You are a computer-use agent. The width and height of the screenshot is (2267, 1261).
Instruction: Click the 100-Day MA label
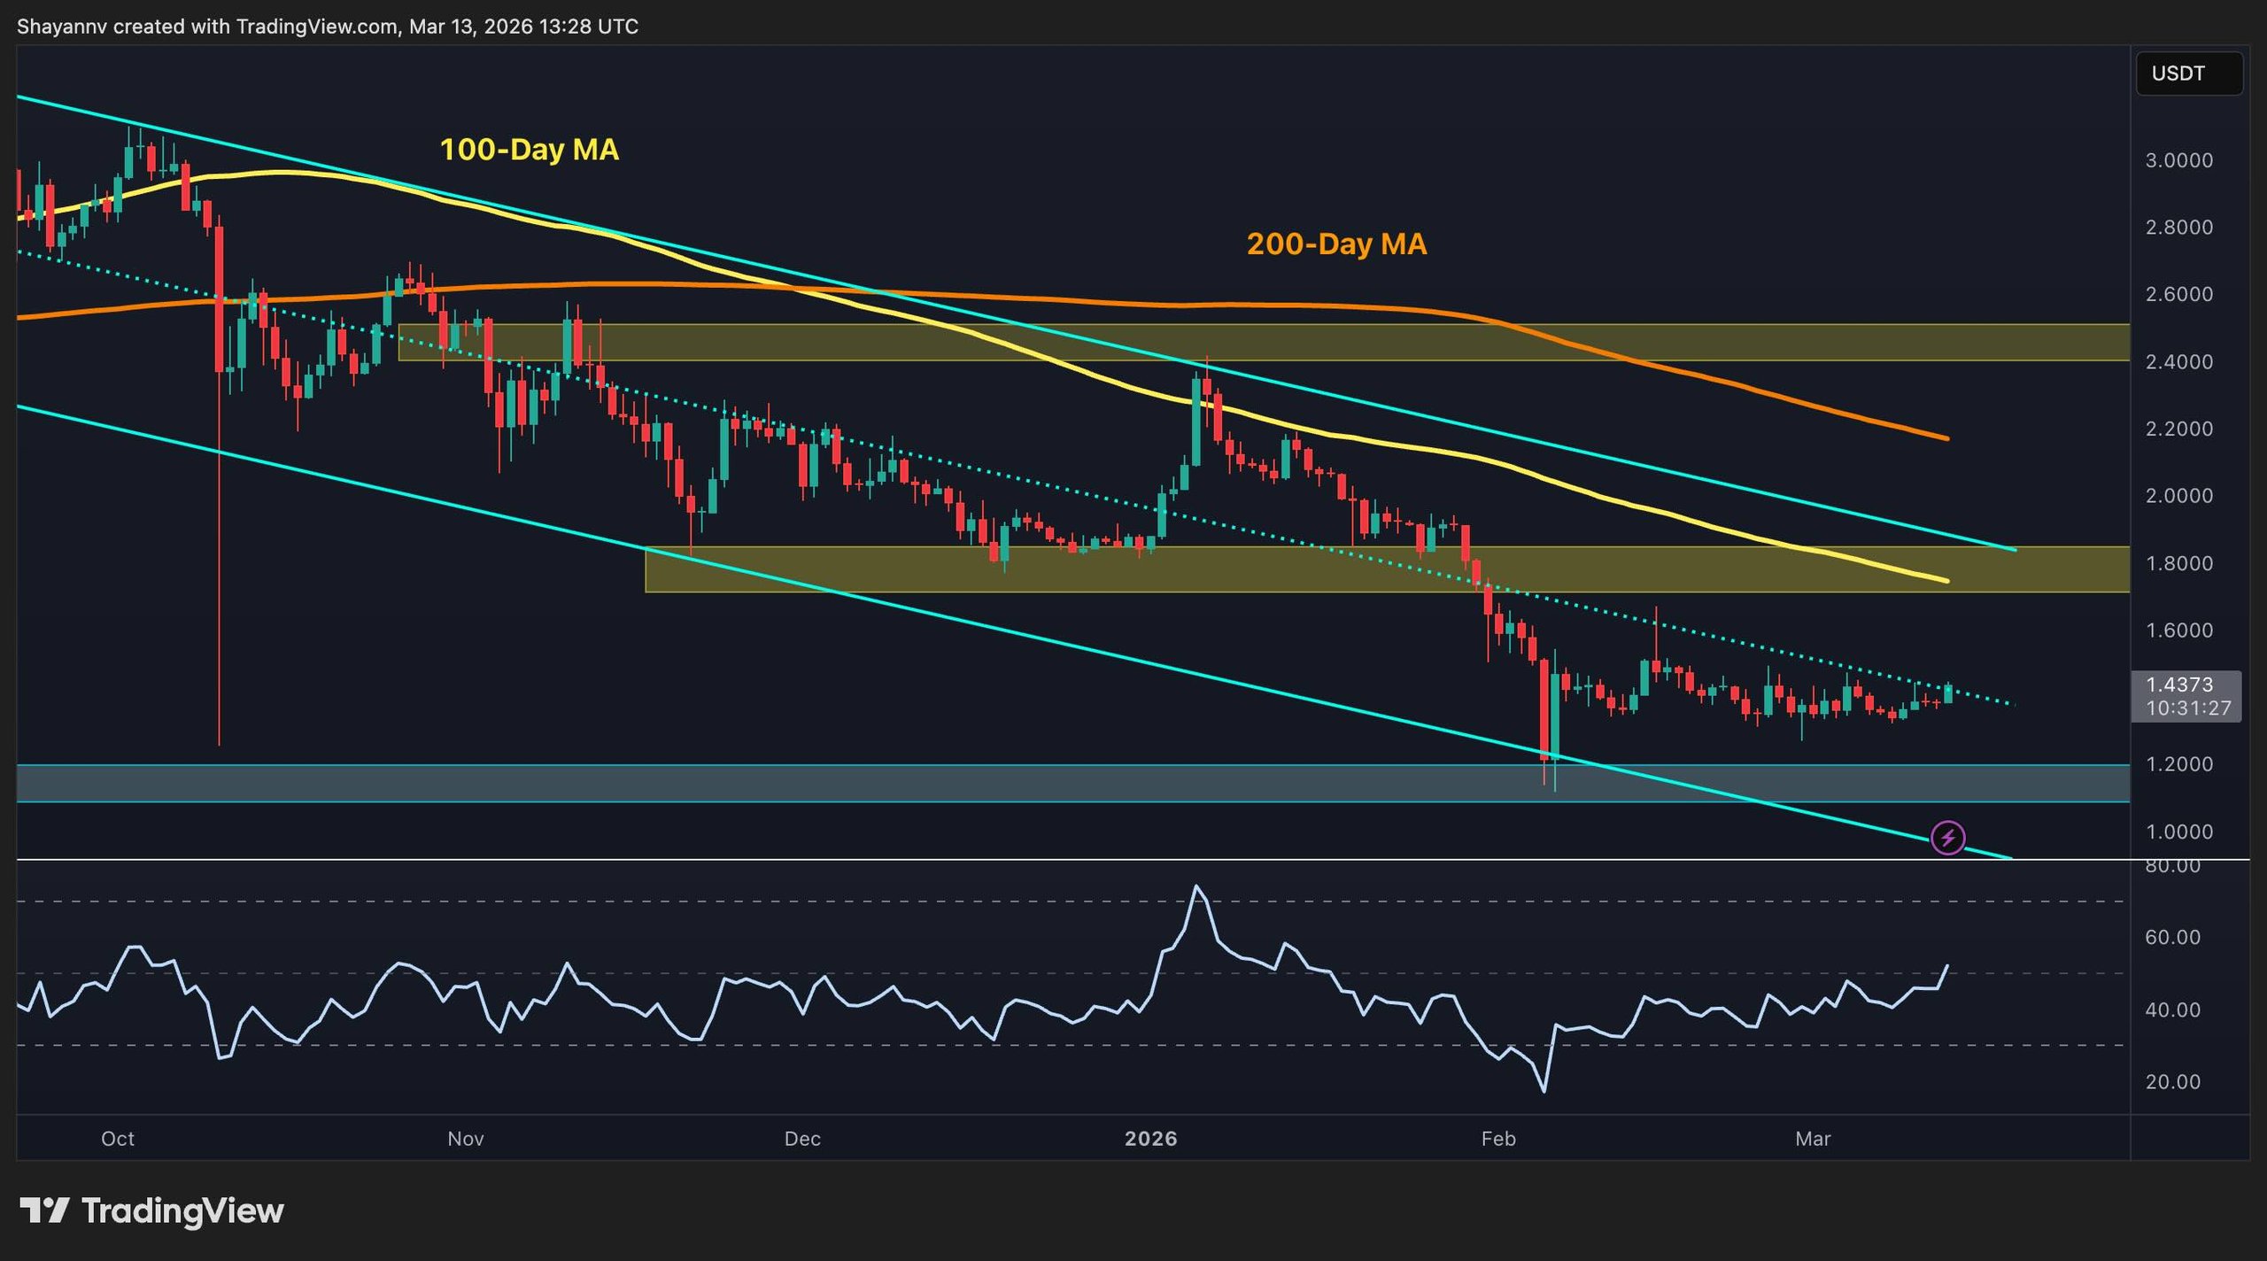pyautogui.click(x=529, y=149)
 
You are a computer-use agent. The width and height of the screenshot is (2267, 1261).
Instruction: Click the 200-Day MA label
pyautogui.click(x=1336, y=244)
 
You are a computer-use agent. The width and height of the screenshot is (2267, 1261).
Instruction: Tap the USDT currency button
pyautogui.click(x=2188, y=73)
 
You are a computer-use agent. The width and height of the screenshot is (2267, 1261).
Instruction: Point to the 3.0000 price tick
pyautogui.click(x=2178, y=160)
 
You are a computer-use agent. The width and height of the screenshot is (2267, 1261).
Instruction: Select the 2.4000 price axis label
pyautogui.click(x=2178, y=361)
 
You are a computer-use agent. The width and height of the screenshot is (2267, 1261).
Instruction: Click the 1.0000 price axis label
pyautogui.click(x=2178, y=832)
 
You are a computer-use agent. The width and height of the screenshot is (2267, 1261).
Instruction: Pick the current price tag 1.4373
pyautogui.click(x=2179, y=685)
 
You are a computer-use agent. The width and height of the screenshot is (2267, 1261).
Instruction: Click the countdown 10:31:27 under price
pyautogui.click(x=2187, y=708)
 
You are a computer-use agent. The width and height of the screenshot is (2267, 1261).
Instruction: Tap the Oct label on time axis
pyautogui.click(x=117, y=1139)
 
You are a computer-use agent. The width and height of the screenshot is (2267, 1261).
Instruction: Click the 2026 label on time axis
pyautogui.click(x=1150, y=1139)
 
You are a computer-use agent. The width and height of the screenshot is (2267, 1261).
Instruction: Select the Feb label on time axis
pyautogui.click(x=1498, y=1139)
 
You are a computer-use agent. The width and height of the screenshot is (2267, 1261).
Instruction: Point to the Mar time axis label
pyautogui.click(x=1812, y=1139)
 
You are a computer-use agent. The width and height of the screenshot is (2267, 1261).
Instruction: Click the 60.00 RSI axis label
pyautogui.click(x=2172, y=937)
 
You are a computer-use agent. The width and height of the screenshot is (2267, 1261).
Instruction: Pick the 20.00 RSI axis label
pyautogui.click(x=2172, y=1081)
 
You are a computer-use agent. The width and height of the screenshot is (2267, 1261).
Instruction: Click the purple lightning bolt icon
pyautogui.click(x=1947, y=838)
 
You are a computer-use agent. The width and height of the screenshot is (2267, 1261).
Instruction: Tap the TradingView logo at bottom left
pyautogui.click(x=151, y=1211)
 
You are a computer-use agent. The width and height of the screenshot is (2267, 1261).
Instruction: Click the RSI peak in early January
pyautogui.click(x=1196, y=886)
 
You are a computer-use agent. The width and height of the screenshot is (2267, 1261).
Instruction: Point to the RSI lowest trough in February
pyautogui.click(x=1544, y=1090)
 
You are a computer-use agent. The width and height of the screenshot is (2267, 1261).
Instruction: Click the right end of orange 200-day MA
pyautogui.click(x=1946, y=438)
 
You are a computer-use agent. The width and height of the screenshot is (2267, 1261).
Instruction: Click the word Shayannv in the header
pyautogui.click(x=61, y=27)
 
